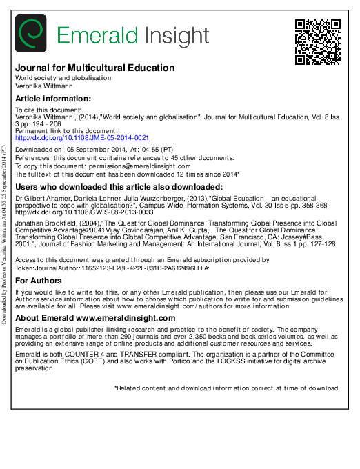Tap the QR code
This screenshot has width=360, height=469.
tap(318, 41)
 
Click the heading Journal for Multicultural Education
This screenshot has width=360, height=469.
tap(94, 68)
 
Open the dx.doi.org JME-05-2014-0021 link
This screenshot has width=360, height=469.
tap(72, 138)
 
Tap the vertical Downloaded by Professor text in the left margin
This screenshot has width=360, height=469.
tap(5, 234)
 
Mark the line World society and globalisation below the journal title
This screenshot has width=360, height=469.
tap(63, 78)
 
